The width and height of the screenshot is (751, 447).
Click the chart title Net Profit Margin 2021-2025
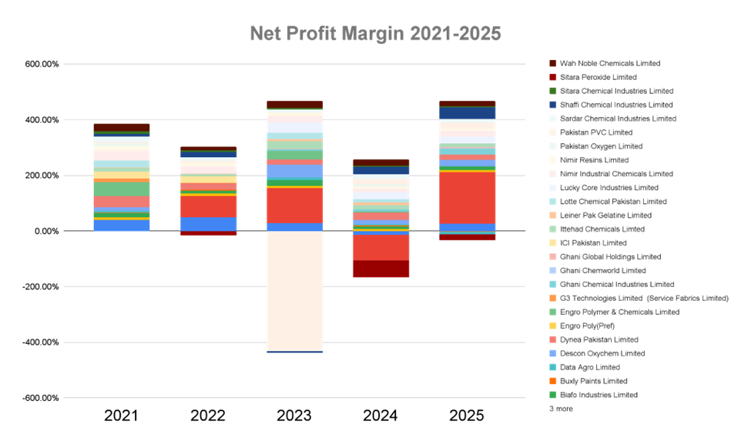point(375,35)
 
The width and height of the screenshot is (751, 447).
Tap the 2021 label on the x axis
point(121,416)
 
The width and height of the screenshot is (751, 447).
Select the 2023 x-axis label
point(294,416)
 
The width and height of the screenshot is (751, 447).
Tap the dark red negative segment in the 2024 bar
point(381,269)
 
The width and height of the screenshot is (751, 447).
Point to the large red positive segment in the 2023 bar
point(294,205)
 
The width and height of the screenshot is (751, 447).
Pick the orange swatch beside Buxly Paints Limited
point(553,382)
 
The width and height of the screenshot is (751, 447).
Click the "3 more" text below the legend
point(562,409)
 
